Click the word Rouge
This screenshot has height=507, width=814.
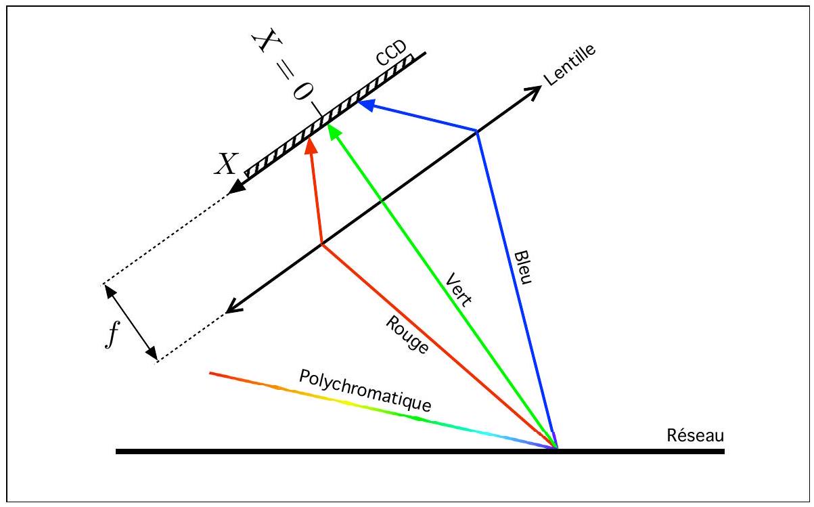407,335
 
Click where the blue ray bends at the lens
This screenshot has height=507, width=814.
477,131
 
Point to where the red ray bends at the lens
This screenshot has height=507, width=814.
321,244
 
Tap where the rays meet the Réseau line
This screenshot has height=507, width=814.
556,447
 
